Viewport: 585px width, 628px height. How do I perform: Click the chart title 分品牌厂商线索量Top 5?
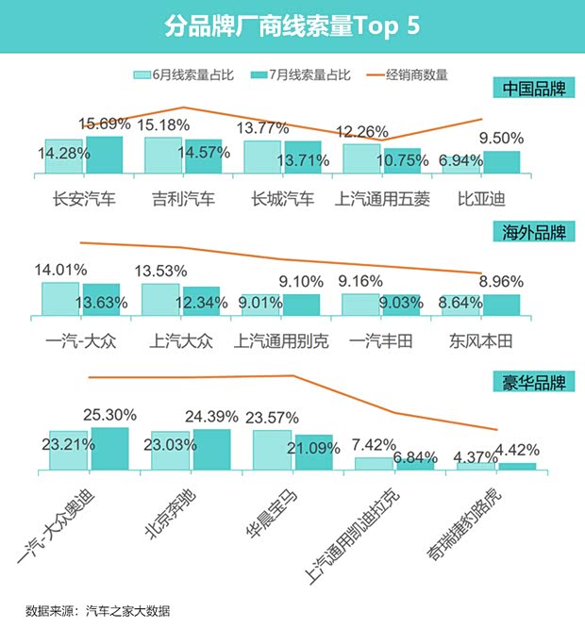(x=292, y=25)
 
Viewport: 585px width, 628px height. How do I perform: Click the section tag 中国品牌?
(x=533, y=90)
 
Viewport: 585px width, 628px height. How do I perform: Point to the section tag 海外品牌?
(x=533, y=231)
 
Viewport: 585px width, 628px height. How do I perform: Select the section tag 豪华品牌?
(x=533, y=383)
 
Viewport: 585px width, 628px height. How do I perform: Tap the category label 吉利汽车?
(x=184, y=200)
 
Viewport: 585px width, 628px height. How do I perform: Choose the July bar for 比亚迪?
(x=501, y=162)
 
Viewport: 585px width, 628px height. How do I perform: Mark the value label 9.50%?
(x=502, y=138)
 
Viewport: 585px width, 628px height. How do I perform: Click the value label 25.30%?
(x=110, y=414)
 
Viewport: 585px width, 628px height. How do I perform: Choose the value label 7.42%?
(x=378, y=443)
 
